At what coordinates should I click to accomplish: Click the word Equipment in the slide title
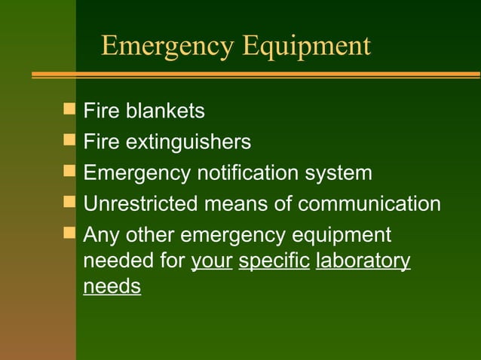pos(307,46)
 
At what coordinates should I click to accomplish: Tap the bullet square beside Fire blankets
pos(70,110)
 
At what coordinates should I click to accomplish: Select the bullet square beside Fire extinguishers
pos(70,141)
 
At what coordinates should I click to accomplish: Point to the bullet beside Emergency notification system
pos(70,172)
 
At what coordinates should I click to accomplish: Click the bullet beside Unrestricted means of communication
pos(70,203)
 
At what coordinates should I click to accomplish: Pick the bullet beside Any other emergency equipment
pos(70,233)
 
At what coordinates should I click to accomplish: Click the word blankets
pos(164,111)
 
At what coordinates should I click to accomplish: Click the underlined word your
pos(212,261)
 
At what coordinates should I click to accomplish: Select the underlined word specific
pos(274,261)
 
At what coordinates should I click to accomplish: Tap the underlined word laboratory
pos(363,261)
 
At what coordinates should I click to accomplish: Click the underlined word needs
pos(112,287)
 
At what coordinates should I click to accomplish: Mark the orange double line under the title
pos(256,75)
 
